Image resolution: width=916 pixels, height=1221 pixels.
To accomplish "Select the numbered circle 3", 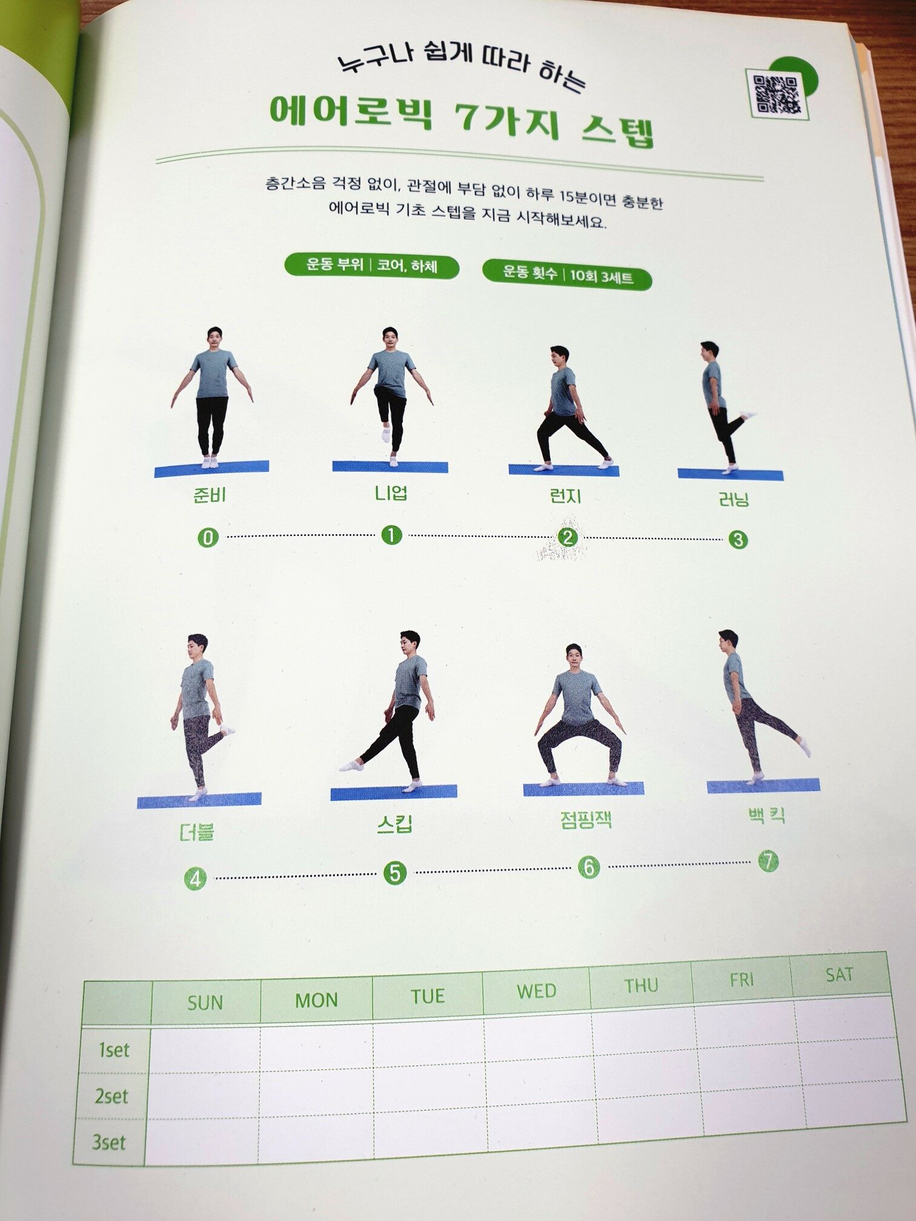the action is pyautogui.click(x=737, y=539).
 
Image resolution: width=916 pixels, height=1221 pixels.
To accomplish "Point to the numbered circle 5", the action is pyautogui.click(x=394, y=873).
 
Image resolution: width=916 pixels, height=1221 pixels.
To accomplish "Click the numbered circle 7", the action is pyautogui.click(x=768, y=861).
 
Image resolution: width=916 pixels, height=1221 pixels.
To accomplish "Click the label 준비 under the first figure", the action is pyautogui.click(x=209, y=495).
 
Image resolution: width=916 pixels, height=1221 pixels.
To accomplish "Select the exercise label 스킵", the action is pyautogui.click(x=394, y=824).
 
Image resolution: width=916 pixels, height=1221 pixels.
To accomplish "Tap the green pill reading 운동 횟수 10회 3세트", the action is pyautogui.click(x=567, y=276).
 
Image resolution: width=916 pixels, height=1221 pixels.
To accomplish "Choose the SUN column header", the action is pyautogui.click(x=205, y=1002).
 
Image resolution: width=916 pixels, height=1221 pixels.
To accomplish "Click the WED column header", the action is pyautogui.click(x=536, y=991).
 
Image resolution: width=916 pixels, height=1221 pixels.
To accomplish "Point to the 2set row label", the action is pyautogui.click(x=112, y=1097).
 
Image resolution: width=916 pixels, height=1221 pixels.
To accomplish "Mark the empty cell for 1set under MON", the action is pyautogui.click(x=317, y=1048).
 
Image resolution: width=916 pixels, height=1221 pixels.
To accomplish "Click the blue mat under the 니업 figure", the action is pyautogui.click(x=390, y=466).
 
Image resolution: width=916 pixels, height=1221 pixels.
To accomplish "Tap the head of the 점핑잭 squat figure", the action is pyautogui.click(x=574, y=657).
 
